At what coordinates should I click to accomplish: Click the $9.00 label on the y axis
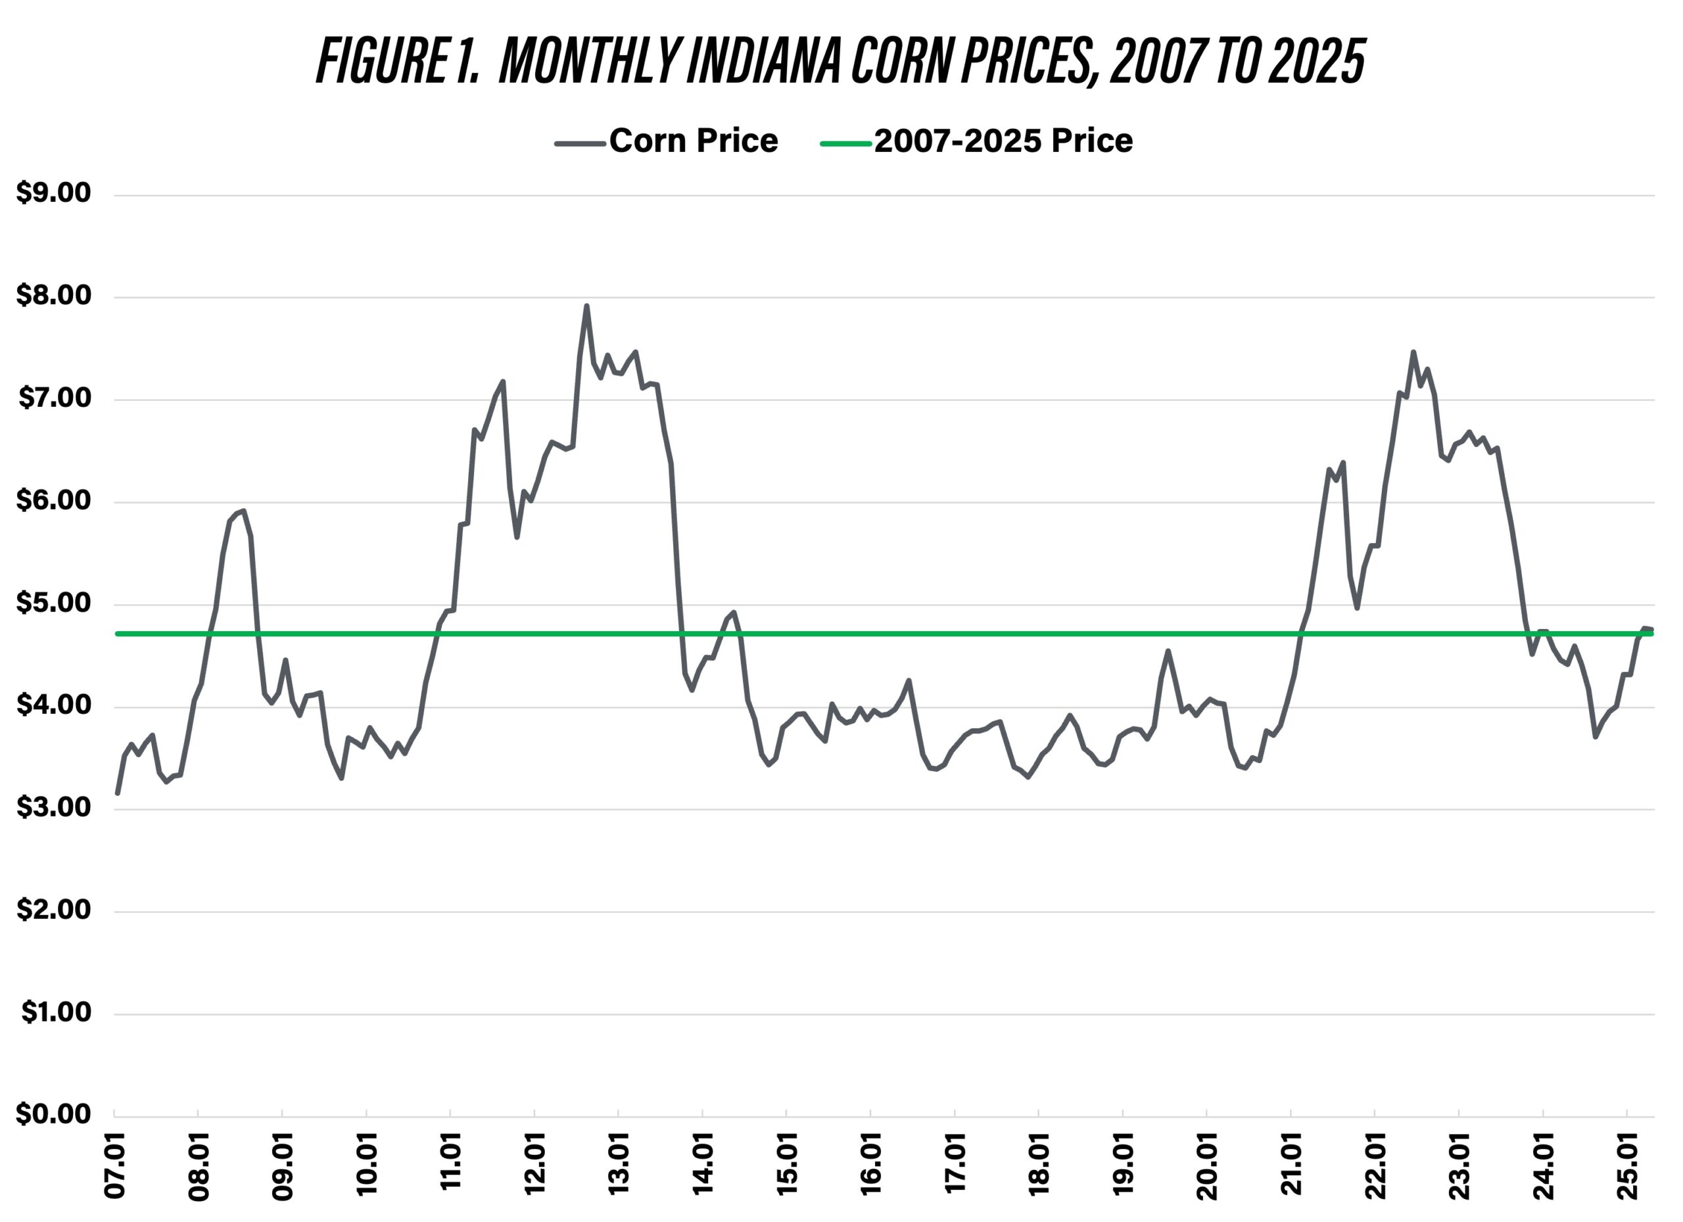53,194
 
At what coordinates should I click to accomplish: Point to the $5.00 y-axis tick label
53,603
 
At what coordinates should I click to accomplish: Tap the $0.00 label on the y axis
53,1114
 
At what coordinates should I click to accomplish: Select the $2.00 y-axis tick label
53,910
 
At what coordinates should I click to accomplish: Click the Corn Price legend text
693,141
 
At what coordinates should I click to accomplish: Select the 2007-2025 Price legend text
1003,141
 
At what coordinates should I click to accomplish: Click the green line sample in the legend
845,143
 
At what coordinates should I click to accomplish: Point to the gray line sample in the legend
580,143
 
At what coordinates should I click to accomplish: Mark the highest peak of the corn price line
586,306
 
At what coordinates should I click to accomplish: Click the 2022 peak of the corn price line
1413,352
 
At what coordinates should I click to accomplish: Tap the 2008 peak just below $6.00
243,511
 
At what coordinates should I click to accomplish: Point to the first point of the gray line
117,793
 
